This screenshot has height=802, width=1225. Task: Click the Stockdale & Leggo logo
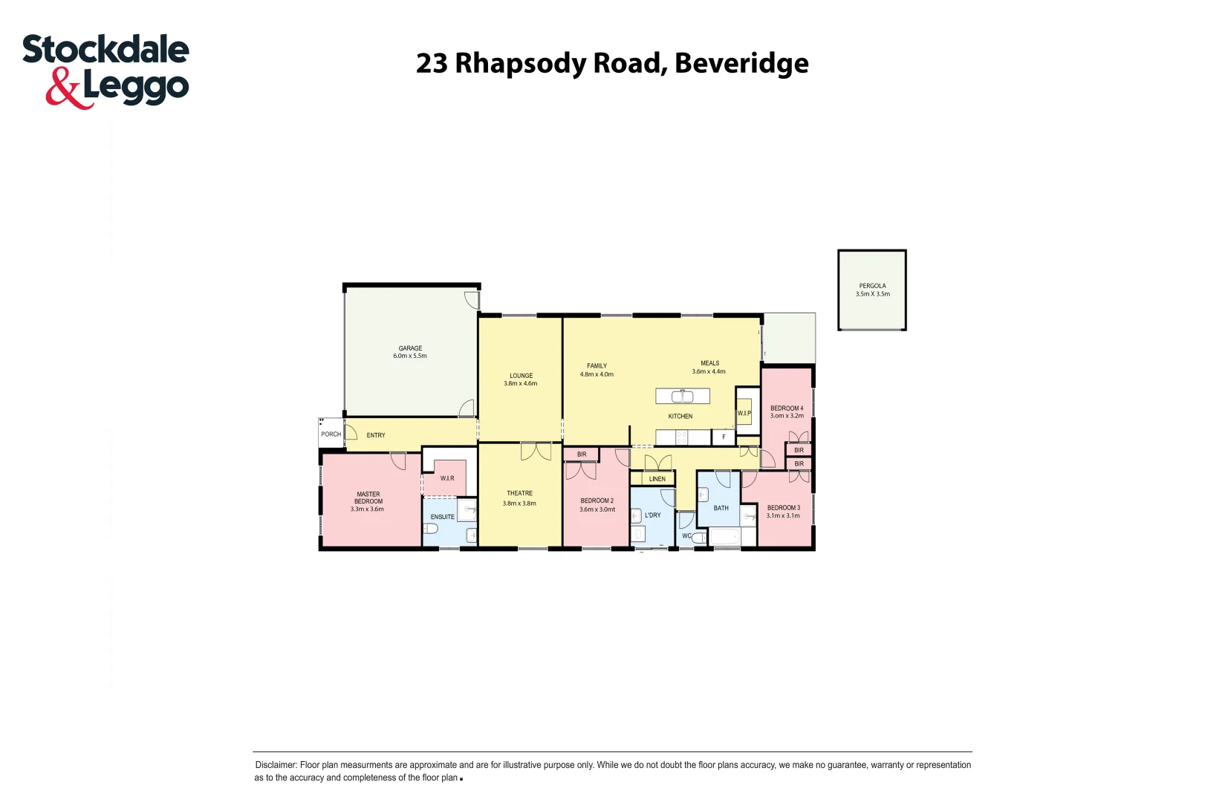(x=105, y=71)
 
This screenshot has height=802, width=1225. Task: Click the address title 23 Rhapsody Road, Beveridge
(x=612, y=63)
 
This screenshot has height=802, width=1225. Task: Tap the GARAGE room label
(x=410, y=348)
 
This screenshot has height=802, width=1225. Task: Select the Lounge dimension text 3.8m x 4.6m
(x=520, y=384)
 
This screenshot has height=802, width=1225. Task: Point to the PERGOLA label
(x=872, y=286)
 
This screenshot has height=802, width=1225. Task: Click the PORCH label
(x=331, y=434)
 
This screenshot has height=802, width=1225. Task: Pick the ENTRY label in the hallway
(x=376, y=435)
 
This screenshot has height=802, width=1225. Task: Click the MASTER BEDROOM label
(x=368, y=498)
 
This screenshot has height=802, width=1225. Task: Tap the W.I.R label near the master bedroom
(x=446, y=478)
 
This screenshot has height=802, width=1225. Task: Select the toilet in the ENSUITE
(x=430, y=529)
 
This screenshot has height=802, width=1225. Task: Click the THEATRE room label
(x=519, y=493)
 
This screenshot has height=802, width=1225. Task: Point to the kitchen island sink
(x=682, y=397)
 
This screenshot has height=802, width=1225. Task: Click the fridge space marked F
(x=724, y=437)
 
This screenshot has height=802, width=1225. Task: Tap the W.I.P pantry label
(x=744, y=414)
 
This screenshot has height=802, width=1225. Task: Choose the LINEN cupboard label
(x=657, y=479)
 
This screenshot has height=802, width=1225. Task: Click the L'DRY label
(x=652, y=515)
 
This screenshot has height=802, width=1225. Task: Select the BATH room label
(x=721, y=509)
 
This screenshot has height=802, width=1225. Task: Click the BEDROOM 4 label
(x=786, y=408)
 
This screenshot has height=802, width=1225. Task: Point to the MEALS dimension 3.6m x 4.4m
(x=708, y=372)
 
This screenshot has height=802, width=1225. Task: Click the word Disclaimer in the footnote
(x=276, y=765)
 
